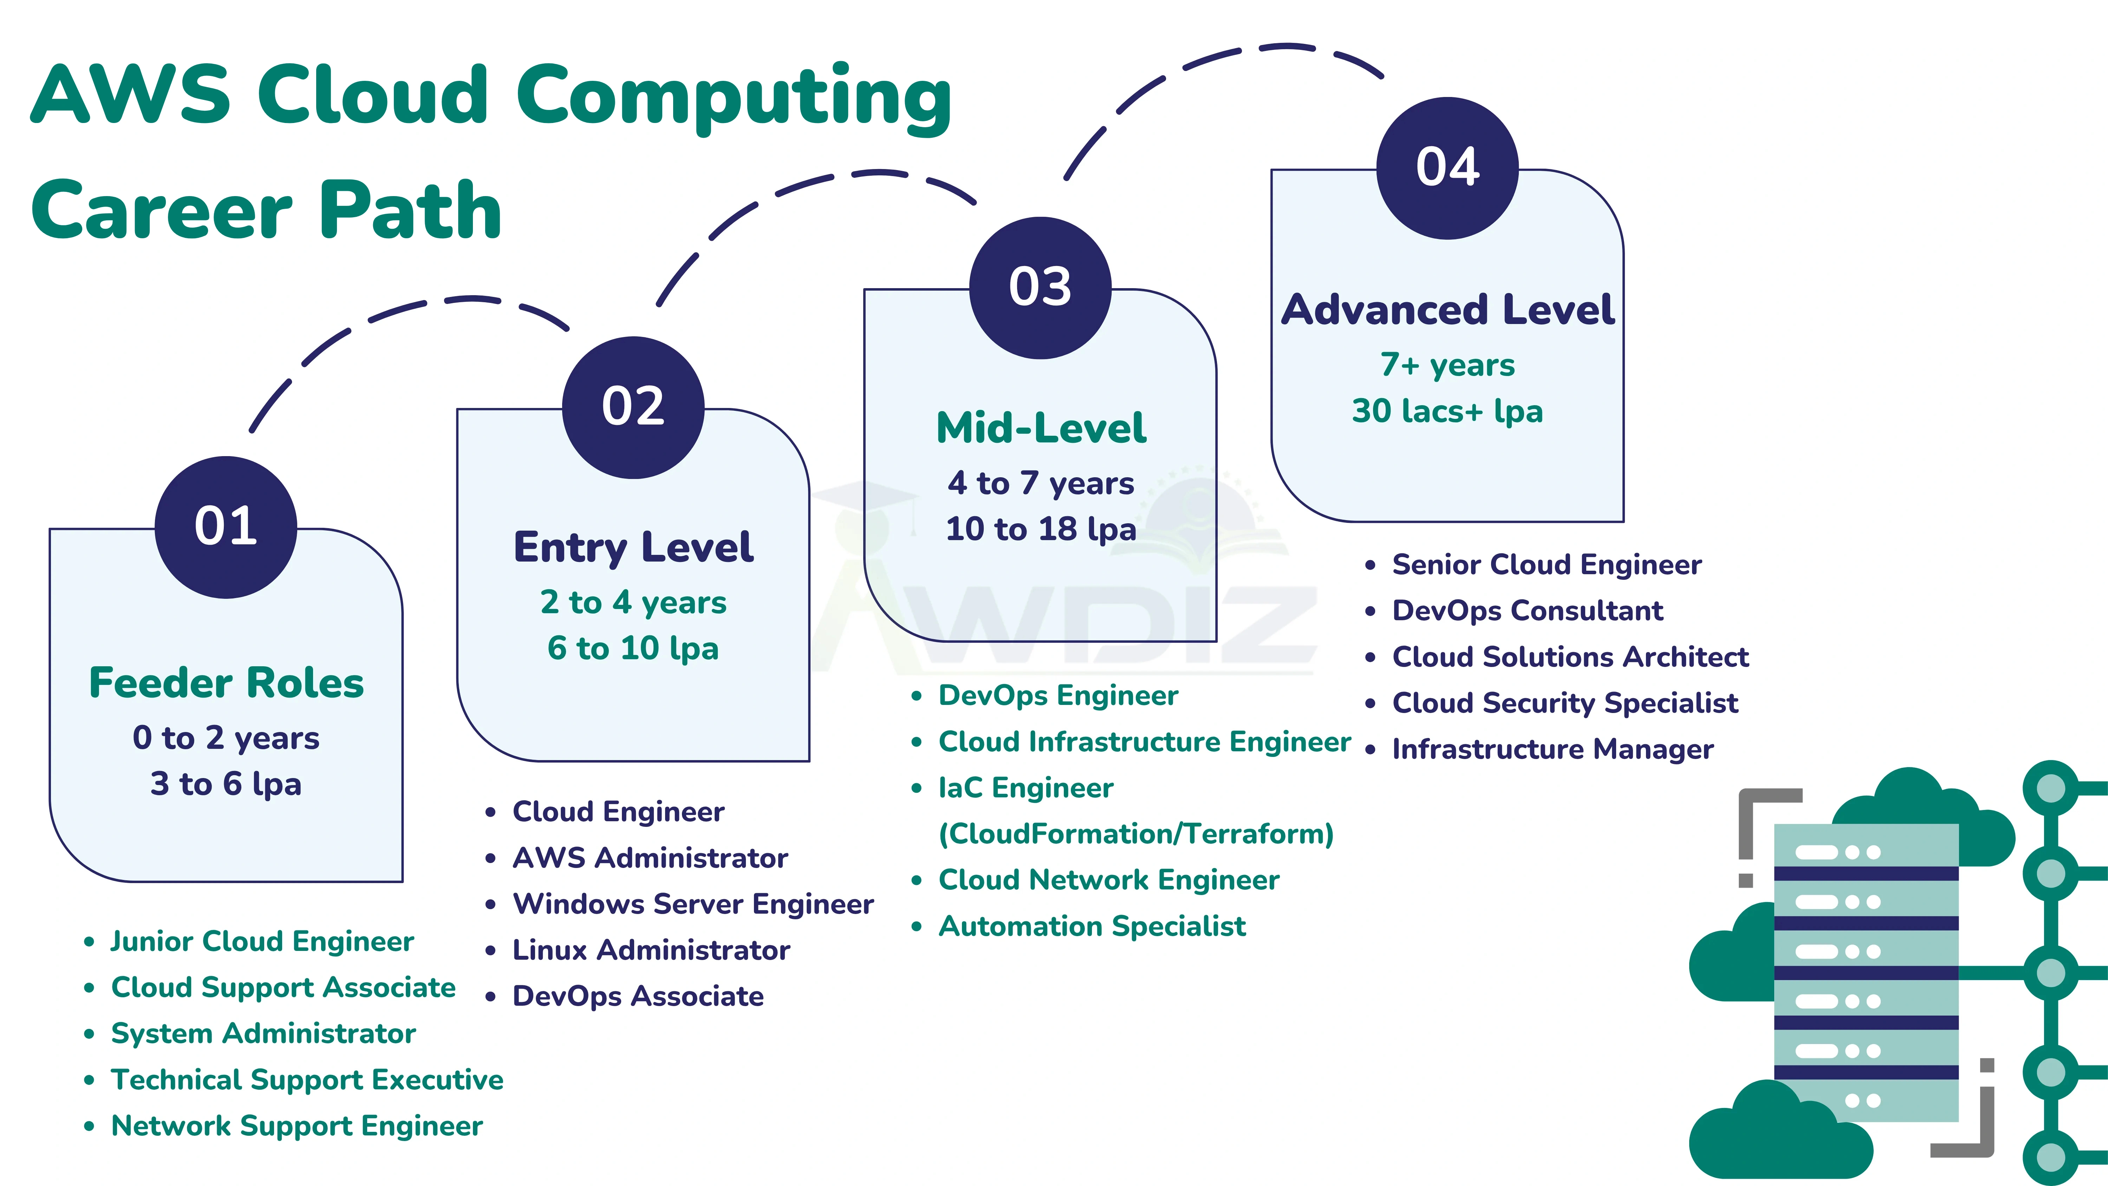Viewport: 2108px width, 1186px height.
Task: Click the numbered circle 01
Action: [226, 526]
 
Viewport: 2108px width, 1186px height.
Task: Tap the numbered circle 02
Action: [633, 407]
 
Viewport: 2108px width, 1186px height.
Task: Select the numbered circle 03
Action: [1040, 287]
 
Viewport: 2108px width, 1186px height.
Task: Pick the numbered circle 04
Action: [1447, 168]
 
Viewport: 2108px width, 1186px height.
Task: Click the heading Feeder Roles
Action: [226, 683]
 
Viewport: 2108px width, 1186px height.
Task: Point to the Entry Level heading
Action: [633, 547]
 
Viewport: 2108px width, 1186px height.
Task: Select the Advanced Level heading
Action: [1447, 309]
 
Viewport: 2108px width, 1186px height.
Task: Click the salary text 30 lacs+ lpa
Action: [1447, 411]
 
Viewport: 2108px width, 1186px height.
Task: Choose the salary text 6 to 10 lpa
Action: [633, 648]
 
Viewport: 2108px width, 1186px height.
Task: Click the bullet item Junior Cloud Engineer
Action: [262, 941]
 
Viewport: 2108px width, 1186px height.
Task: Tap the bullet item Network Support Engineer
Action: [296, 1126]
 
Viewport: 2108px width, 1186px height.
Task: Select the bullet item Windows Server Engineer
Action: [692, 903]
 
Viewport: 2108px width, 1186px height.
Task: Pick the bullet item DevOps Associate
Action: [637, 996]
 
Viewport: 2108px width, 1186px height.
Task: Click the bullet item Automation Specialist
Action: [1092, 926]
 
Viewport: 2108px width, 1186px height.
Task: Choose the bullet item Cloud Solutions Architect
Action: [1569, 656]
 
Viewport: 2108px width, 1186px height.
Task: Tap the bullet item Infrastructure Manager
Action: [1552, 749]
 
